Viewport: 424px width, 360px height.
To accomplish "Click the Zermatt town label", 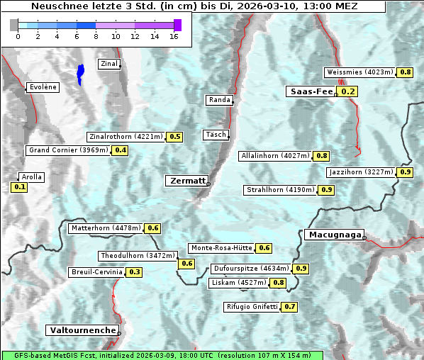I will [187, 181].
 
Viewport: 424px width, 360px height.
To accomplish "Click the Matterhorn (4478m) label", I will [105, 228].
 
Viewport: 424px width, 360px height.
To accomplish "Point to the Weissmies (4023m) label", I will [359, 72].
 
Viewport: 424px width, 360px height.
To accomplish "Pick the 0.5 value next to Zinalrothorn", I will [174, 137].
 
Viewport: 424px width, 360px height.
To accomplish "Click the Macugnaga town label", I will [334, 235].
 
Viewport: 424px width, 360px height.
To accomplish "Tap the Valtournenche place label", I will [82, 330].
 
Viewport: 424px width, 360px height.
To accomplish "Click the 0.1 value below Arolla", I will [19, 187].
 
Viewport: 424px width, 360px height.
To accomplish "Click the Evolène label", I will [43, 87].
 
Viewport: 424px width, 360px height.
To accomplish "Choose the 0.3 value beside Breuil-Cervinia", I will [134, 272].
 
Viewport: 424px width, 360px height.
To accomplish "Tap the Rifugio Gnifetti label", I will [252, 307].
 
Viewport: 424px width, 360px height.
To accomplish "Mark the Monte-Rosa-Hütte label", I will [221, 248].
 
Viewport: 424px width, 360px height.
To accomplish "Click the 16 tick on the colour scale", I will [174, 37].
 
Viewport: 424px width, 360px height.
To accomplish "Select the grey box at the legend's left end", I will [14, 26].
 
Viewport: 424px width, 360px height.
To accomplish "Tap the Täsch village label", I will [215, 135].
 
